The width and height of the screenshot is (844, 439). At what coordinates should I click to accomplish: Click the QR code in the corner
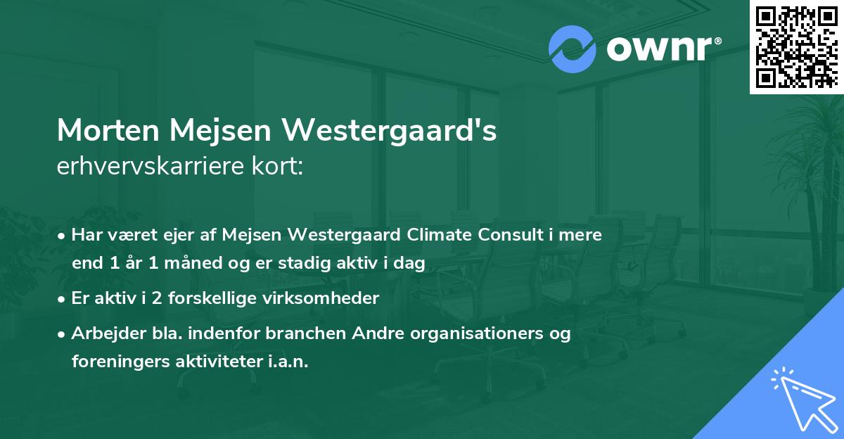796,47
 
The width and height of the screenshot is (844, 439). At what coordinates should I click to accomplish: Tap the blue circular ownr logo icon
573,49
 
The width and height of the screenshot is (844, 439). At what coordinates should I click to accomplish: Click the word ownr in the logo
658,49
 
